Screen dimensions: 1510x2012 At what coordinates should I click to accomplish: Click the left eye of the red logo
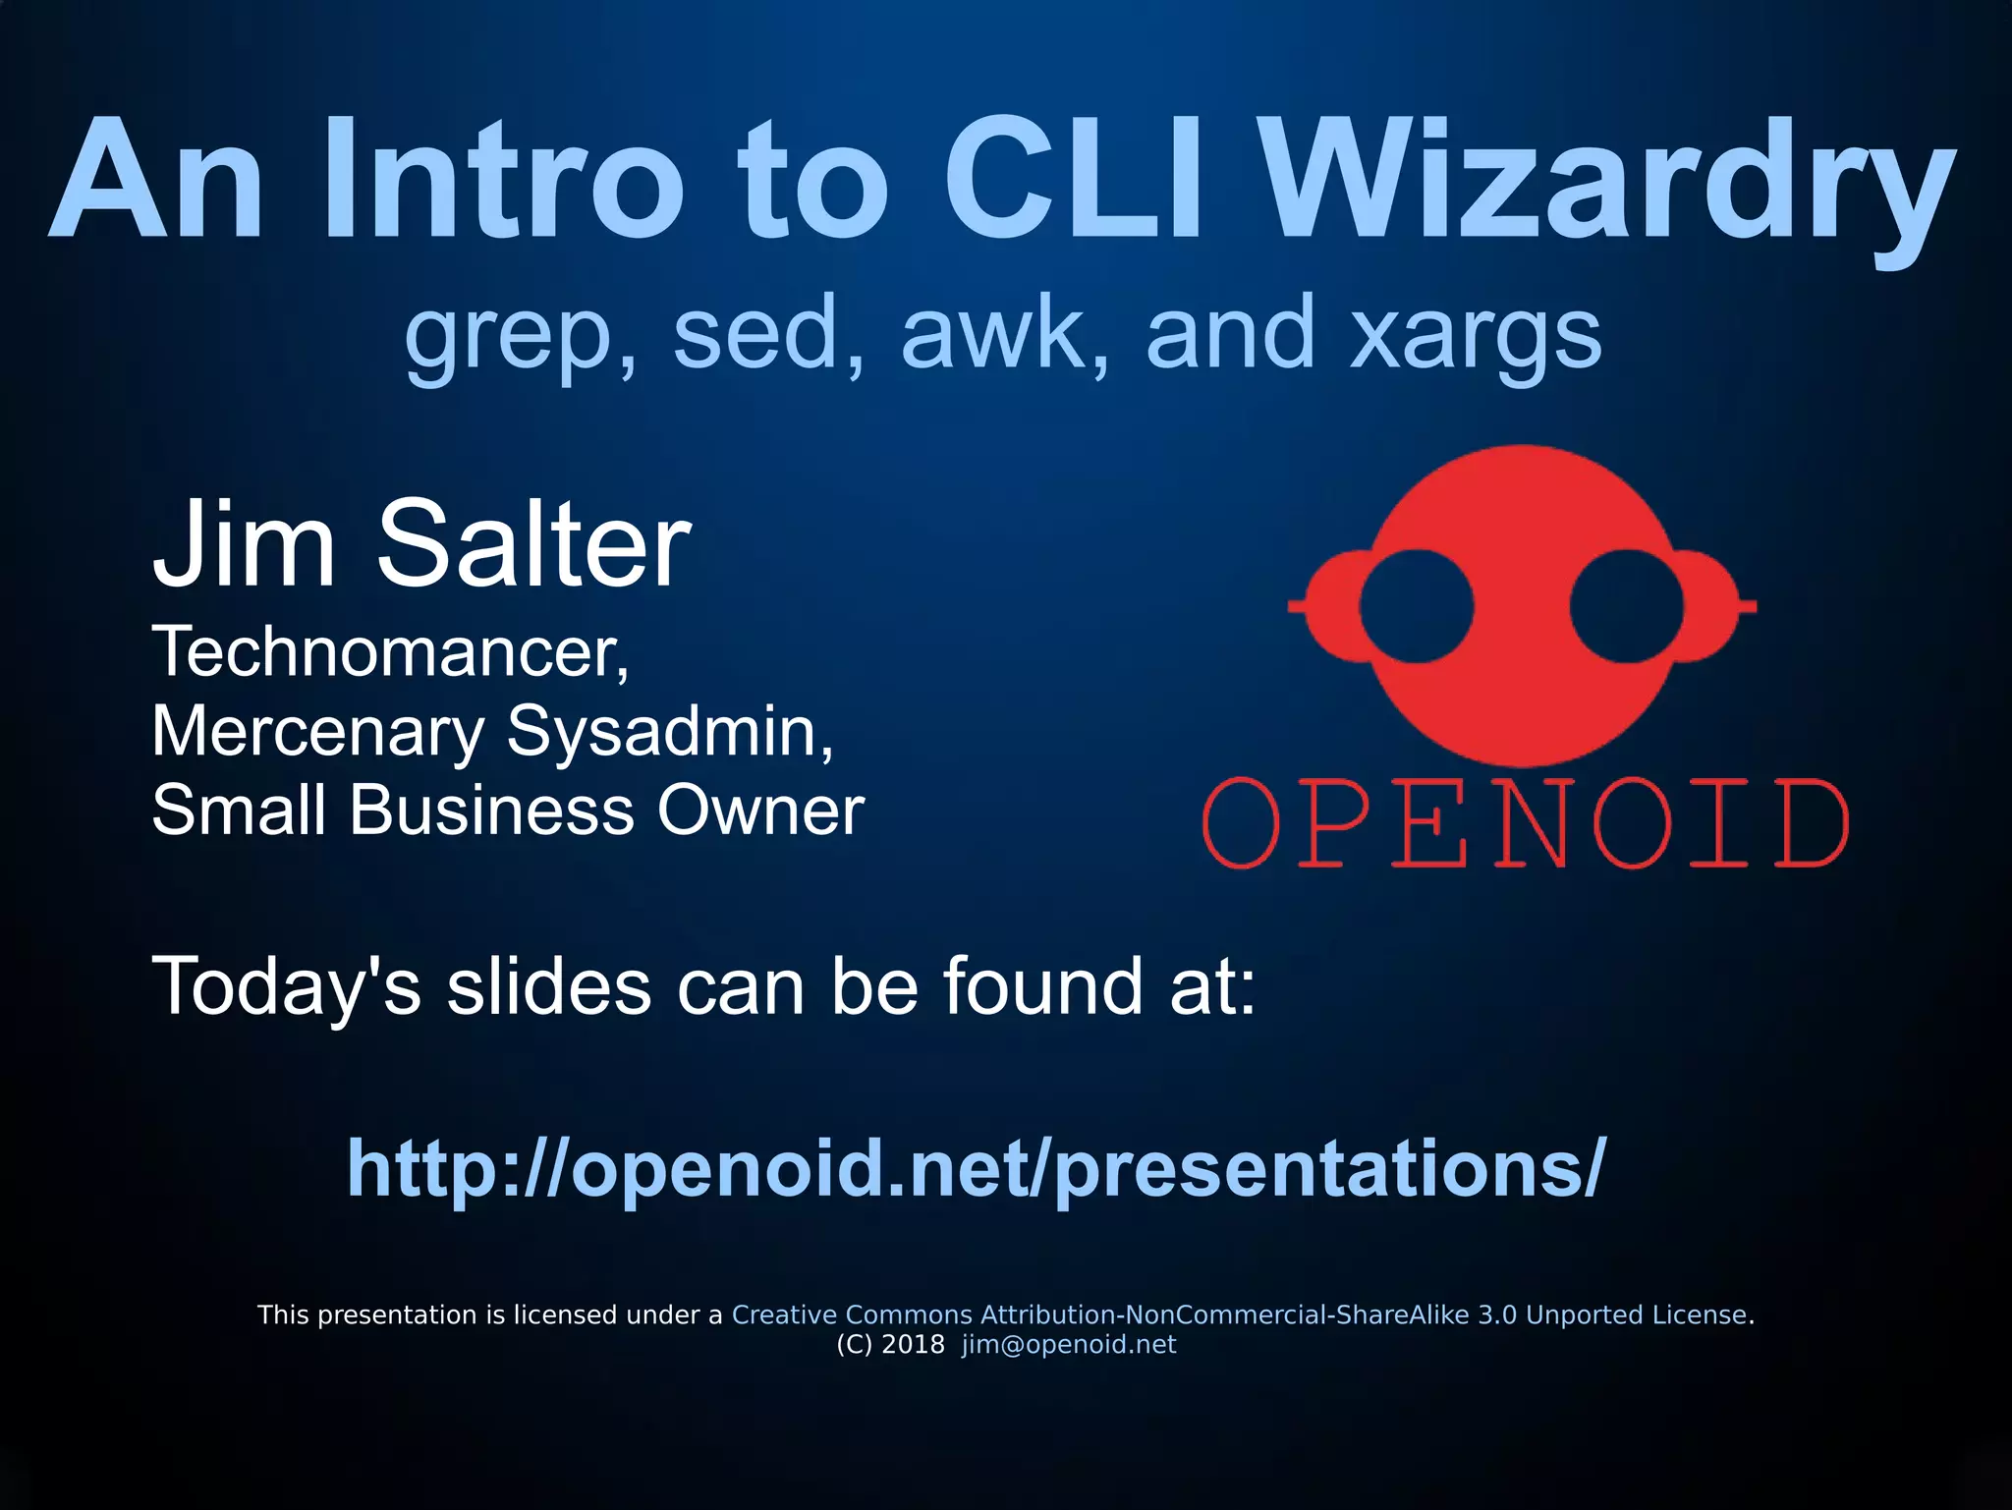tap(1416, 606)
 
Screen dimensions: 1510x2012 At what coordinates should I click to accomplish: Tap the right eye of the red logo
tap(1627, 606)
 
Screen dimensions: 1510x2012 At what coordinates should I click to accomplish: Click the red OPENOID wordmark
tap(1526, 823)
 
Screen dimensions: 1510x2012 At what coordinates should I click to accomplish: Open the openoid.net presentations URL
tap(977, 1168)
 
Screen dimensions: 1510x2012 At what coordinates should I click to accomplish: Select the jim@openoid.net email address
tap(1069, 1344)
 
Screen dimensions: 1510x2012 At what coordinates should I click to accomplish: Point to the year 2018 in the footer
tap(913, 1344)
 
